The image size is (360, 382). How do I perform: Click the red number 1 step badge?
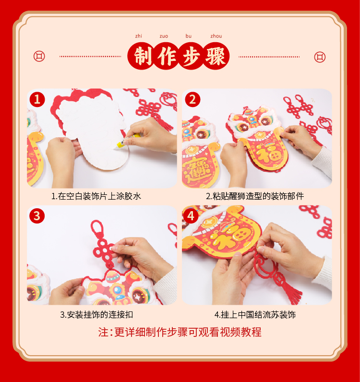(x=37, y=99)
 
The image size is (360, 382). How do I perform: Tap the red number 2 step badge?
(x=192, y=99)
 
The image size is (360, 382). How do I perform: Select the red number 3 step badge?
(x=37, y=216)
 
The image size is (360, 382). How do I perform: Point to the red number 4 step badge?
(x=191, y=216)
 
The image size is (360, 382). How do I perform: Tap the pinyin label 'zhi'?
(x=138, y=36)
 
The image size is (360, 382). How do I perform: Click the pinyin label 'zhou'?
(x=216, y=36)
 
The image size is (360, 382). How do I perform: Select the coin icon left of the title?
(x=39, y=56)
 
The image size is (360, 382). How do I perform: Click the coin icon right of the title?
(x=320, y=57)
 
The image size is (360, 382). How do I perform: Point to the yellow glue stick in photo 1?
(x=127, y=141)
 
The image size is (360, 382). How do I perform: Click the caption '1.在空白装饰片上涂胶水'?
(x=96, y=196)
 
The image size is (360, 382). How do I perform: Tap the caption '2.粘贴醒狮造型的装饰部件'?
(x=255, y=196)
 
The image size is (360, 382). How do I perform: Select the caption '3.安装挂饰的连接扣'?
(x=96, y=314)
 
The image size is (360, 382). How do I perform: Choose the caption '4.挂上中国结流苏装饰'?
(x=255, y=314)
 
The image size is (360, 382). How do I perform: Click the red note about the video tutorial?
(x=180, y=332)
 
